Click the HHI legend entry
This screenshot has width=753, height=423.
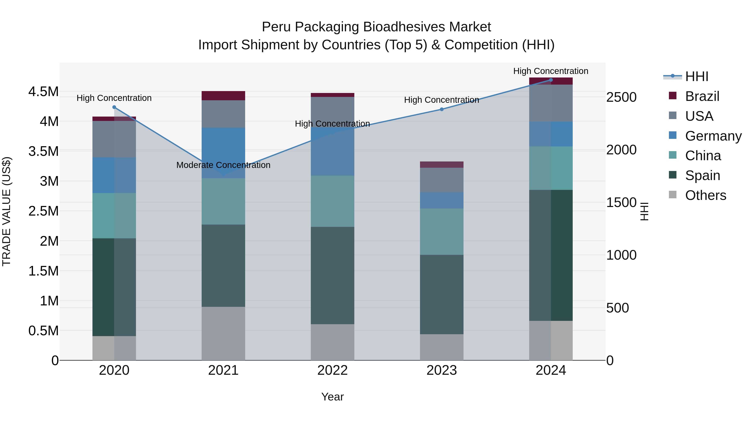click(696, 76)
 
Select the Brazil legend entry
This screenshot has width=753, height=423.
click(702, 96)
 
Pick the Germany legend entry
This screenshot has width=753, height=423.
click(713, 136)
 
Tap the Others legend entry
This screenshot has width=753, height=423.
click(705, 195)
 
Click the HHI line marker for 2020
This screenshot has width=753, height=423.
click(114, 107)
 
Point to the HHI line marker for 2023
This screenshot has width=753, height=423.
click(442, 109)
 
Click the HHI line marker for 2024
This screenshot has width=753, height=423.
click(551, 80)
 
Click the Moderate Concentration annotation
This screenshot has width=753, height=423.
click(223, 165)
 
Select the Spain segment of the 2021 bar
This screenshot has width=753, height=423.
click(223, 266)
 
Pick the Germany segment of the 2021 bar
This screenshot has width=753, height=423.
click(223, 153)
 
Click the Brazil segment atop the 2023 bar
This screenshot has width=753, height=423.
click(442, 165)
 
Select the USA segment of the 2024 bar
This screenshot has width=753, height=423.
click(551, 103)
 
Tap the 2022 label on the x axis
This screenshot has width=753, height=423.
click(332, 370)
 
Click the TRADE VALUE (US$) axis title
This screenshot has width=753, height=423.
click(6, 211)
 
